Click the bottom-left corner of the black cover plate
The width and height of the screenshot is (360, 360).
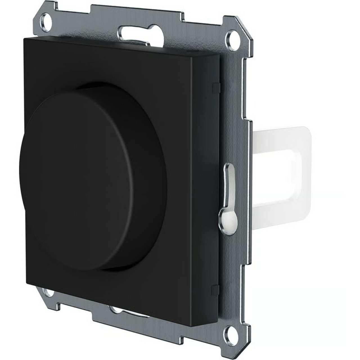coord(26,283)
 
